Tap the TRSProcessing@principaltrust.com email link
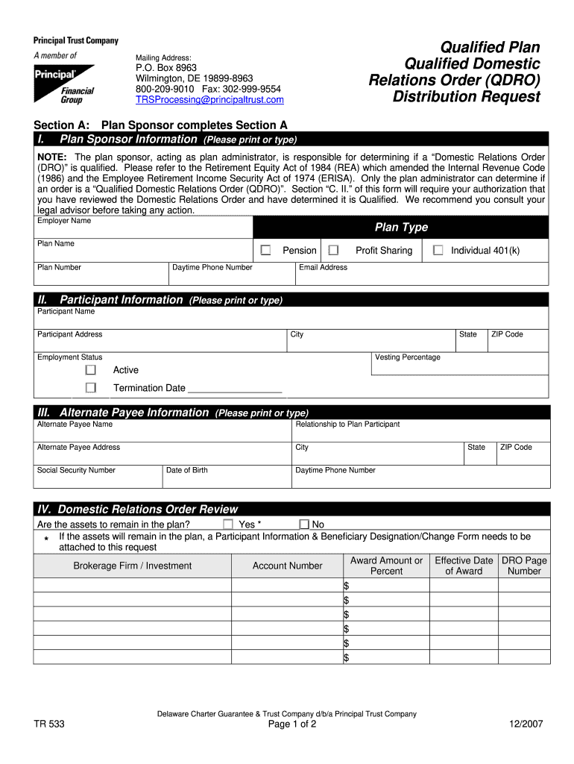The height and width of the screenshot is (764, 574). (209, 99)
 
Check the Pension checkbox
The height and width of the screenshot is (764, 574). (265, 250)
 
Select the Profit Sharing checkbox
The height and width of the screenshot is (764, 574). (333, 250)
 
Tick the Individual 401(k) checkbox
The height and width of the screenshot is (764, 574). (438, 250)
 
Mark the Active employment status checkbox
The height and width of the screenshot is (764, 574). (91, 370)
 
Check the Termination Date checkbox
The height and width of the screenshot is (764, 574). (91, 388)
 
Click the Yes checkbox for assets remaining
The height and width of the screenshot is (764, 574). (229, 525)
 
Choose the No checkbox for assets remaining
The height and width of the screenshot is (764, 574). (303, 525)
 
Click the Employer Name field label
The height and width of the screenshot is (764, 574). (64, 221)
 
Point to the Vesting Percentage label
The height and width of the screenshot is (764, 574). (408, 357)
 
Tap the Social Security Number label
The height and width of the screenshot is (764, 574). (76, 470)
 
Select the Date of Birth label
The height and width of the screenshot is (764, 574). (186, 470)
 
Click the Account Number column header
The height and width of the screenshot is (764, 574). (287, 566)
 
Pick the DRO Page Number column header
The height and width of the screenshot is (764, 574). (524, 566)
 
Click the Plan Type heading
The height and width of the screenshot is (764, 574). (401, 228)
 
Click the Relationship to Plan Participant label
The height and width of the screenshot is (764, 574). (347, 424)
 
